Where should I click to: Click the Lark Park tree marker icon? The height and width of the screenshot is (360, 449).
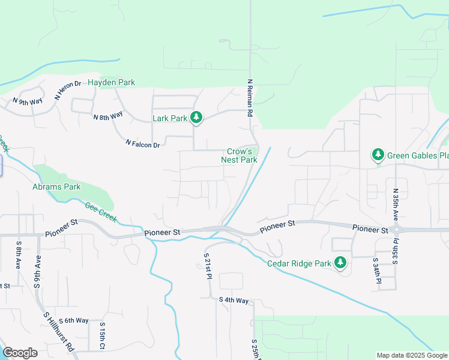(196, 118)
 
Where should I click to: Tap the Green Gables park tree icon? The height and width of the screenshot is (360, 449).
(378, 155)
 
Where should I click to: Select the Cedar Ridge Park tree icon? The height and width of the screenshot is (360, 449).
(340, 263)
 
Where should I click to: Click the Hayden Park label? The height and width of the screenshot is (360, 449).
(112, 82)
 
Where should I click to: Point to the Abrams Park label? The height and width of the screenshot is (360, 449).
(56, 187)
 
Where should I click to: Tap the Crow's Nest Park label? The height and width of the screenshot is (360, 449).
(240, 156)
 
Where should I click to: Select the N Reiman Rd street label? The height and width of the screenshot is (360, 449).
(250, 97)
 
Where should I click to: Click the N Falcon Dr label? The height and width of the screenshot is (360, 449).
(143, 144)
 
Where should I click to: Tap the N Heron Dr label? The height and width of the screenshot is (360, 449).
(67, 90)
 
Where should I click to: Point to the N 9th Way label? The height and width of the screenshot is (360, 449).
(28, 101)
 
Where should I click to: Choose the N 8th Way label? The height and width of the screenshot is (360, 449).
(108, 115)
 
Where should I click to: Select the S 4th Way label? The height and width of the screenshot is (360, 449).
(234, 300)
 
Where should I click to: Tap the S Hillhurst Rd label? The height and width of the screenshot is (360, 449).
(59, 331)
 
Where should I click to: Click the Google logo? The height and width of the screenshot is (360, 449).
(20, 353)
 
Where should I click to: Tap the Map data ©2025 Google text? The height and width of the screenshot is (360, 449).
(412, 355)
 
